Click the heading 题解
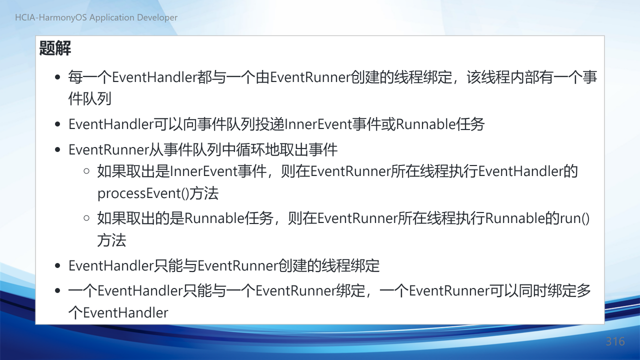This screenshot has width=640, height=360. [x=55, y=48]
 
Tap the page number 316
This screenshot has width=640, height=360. [x=615, y=341]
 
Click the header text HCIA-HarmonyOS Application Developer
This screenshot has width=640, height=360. [x=96, y=17]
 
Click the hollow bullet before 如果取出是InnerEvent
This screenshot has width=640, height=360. [x=86, y=171]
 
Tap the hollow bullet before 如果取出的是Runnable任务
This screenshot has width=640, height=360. [x=86, y=218]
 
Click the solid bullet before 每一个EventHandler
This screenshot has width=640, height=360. [x=57, y=77]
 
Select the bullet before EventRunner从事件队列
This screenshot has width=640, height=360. [x=57, y=149]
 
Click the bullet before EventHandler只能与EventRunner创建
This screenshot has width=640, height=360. [x=57, y=265]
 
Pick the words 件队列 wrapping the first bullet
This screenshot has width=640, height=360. [x=89, y=99]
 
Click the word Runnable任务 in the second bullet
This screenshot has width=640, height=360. [x=440, y=124]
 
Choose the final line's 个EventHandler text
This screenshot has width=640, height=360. [x=118, y=312]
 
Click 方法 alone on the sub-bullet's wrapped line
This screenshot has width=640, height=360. [x=111, y=240]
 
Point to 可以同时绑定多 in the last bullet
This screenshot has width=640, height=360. [x=539, y=291]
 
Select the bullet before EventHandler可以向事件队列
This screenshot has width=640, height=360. [x=57, y=124]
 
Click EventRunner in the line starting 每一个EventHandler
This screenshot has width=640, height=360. [x=310, y=77]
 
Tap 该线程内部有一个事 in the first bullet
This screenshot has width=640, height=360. [x=531, y=77]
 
